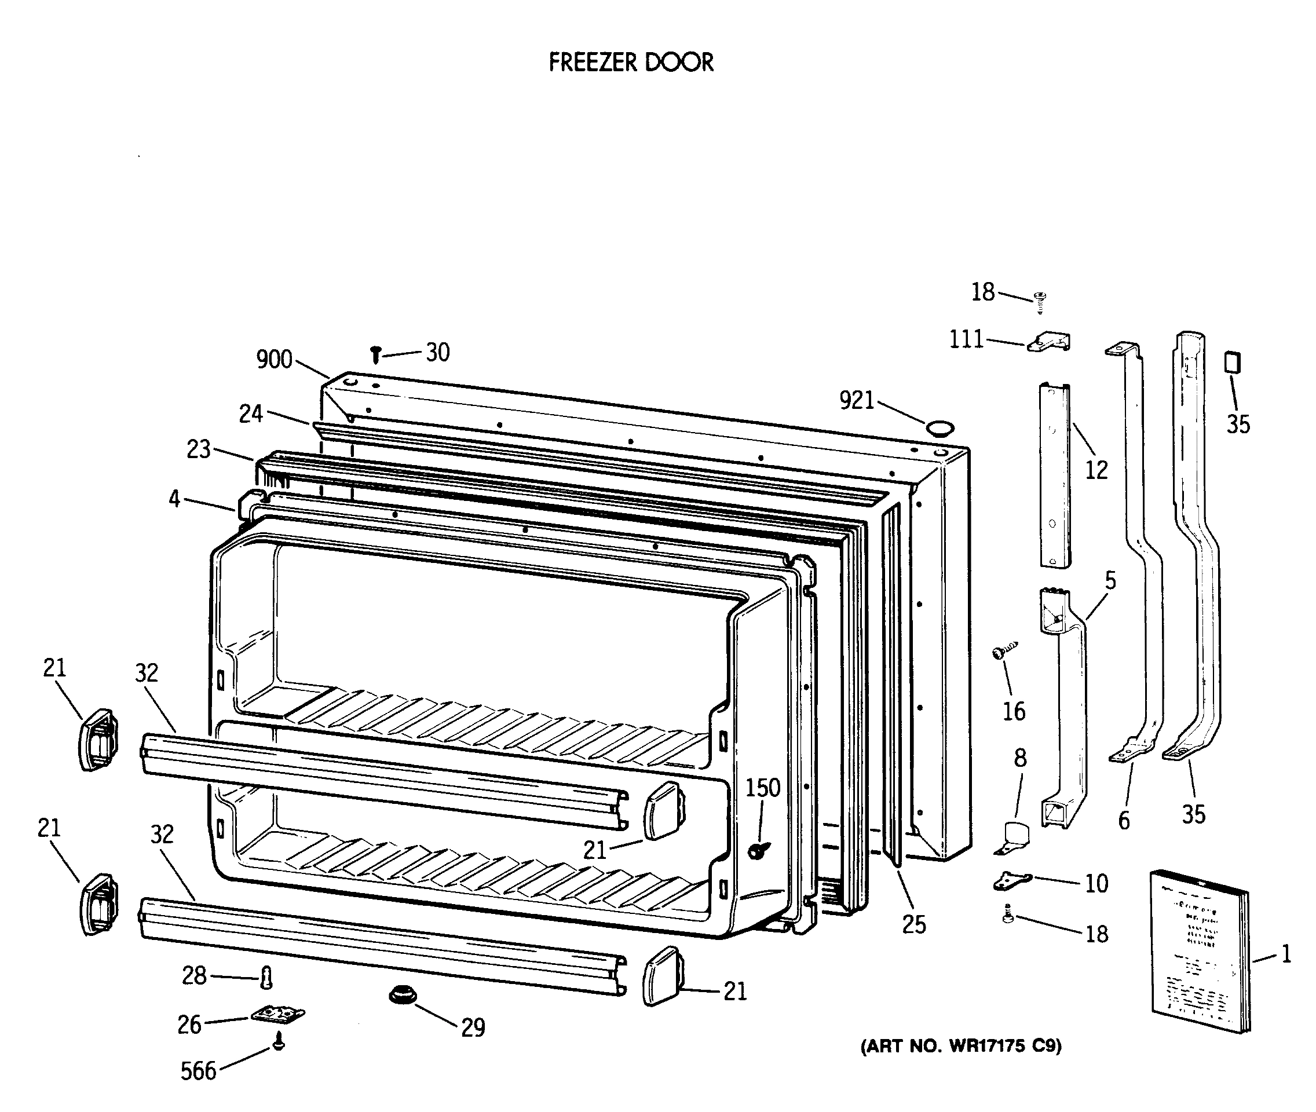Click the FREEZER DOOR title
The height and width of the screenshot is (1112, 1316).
(x=631, y=63)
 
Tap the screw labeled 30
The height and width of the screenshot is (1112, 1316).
(x=376, y=354)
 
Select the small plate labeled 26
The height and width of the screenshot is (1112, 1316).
(x=277, y=1015)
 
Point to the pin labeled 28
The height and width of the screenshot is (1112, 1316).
(x=266, y=978)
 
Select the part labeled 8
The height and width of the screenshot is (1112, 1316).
(x=1014, y=836)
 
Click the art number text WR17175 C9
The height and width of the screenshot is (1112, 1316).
(x=960, y=1047)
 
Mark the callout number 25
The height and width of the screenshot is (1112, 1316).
(x=913, y=924)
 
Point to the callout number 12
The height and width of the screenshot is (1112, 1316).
(x=1096, y=470)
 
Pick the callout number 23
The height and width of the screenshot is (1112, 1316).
(x=198, y=449)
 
